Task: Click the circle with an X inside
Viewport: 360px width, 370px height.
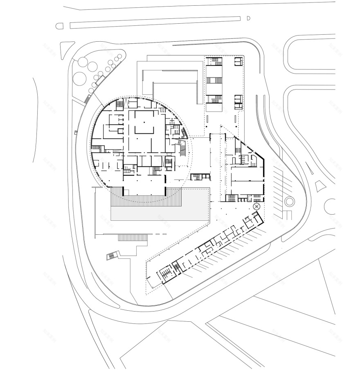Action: tap(256, 207)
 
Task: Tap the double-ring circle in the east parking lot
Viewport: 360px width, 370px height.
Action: tap(290, 201)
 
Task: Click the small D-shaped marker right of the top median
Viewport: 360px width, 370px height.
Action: tap(248, 18)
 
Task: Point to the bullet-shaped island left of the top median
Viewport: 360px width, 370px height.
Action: tap(60, 26)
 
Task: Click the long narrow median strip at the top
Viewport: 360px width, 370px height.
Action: tap(155, 22)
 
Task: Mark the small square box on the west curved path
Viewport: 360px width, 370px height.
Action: tap(76, 132)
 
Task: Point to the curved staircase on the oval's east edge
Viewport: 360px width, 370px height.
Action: tap(182, 149)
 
